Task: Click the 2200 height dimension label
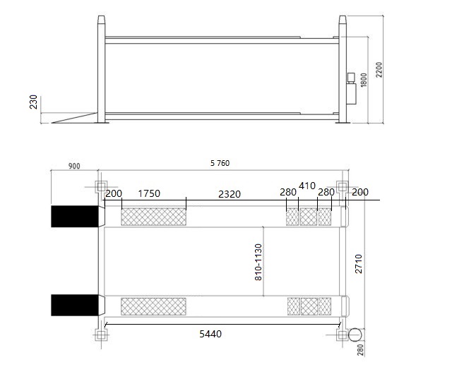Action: (x=379, y=70)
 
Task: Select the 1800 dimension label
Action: (x=364, y=80)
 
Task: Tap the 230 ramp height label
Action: (x=34, y=102)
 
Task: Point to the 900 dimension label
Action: (x=74, y=167)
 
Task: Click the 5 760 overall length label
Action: (x=220, y=163)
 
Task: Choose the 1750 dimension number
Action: (x=149, y=193)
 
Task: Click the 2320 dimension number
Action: (x=230, y=195)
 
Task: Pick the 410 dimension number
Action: (x=307, y=186)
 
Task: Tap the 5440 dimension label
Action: (x=210, y=334)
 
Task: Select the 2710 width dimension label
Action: (x=358, y=263)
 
